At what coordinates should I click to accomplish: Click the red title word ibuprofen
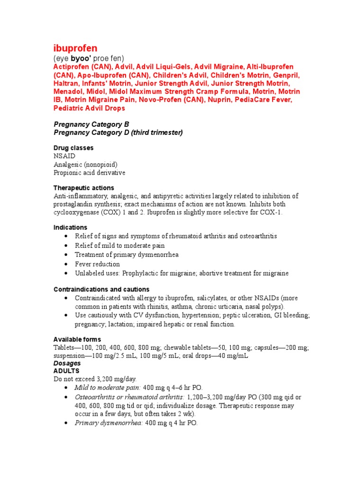click(75, 48)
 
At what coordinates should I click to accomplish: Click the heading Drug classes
click(73, 148)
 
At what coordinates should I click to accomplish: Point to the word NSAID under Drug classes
click(64, 156)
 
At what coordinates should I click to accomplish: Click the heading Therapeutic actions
click(84, 188)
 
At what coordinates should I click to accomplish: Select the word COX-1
click(270, 212)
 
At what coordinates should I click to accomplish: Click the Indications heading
click(70, 228)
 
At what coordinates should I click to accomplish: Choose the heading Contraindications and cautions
click(101, 289)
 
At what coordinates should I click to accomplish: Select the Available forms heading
click(77, 340)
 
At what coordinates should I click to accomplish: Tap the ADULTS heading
click(66, 371)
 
